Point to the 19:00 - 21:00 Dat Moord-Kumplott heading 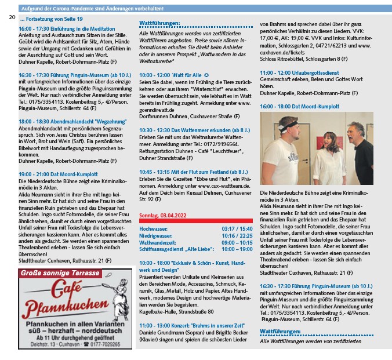click(58, 174)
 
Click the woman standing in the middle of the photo click(321, 151)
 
